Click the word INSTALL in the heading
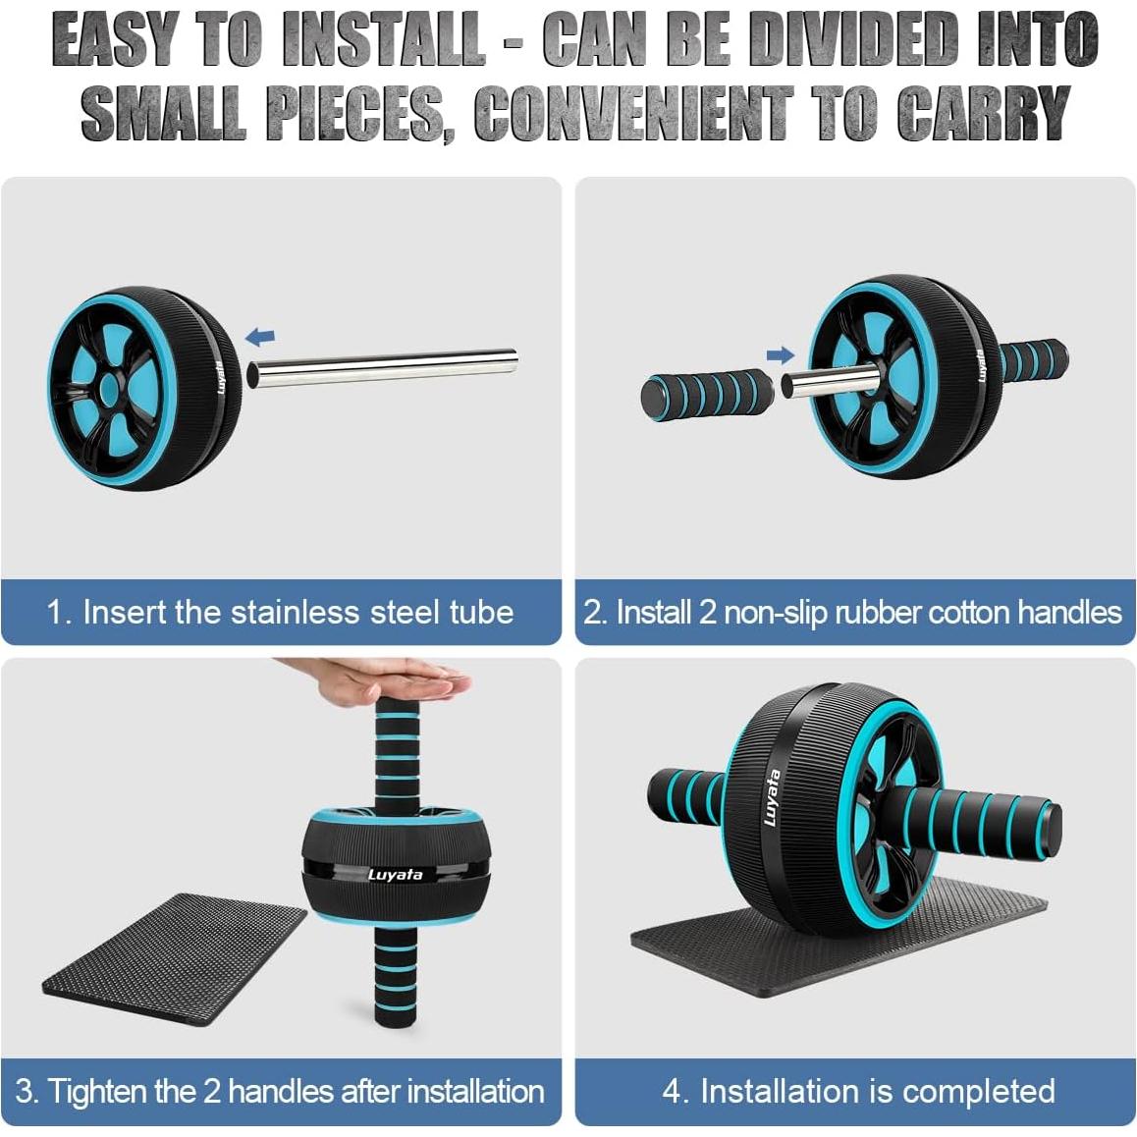click(x=383, y=42)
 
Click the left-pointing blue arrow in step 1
click(x=259, y=338)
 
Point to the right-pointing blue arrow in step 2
click(x=780, y=355)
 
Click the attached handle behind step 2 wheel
click(x=1034, y=361)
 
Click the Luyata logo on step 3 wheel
click(x=396, y=874)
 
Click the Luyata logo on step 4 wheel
click(x=773, y=796)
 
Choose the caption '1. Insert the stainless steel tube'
click(x=280, y=612)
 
